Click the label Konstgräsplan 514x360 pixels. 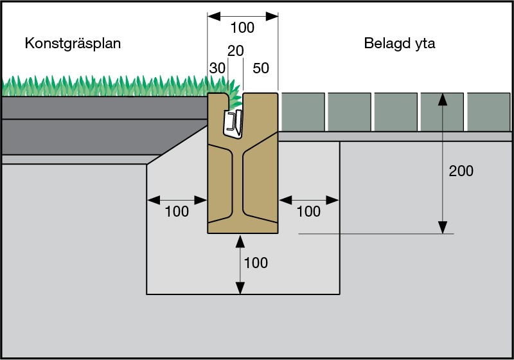(x=73, y=44)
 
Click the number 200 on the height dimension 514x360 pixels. (x=461, y=171)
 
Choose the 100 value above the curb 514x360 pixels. (x=242, y=28)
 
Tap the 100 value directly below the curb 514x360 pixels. (x=256, y=263)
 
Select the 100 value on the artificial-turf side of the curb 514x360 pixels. (x=177, y=212)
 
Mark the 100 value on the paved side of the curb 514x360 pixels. (x=308, y=212)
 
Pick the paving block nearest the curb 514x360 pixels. (x=303, y=112)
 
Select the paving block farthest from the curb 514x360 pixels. (x=488, y=112)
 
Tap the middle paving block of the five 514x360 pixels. (x=396, y=112)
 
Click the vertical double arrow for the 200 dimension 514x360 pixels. (x=442, y=164)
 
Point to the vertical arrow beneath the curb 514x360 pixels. (x=241, y=264)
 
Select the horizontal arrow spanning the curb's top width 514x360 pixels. (x=242, y=14)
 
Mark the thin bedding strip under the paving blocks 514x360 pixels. (x=395, y=136)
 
